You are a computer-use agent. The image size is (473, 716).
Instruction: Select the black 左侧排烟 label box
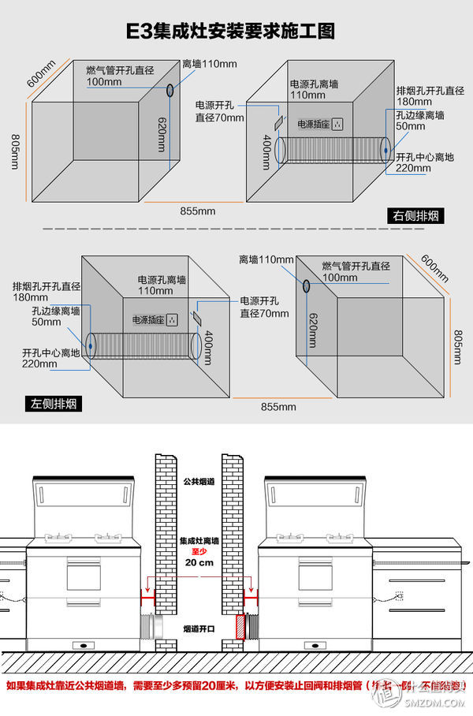pos(57,404)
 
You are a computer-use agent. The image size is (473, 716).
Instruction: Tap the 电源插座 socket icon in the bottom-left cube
pos(172,320)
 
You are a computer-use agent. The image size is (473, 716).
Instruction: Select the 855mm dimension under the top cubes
pos(197,211)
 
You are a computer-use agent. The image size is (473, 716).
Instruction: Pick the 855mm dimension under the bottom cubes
pos(279,406)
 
